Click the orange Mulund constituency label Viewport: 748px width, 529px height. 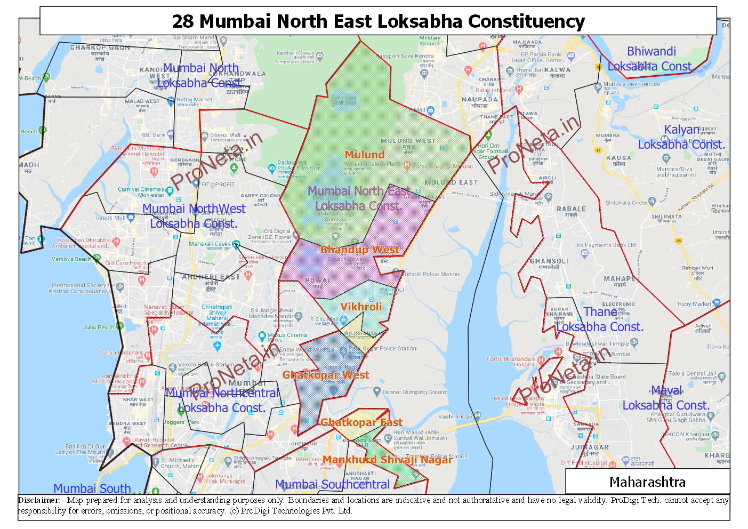coord(364,155)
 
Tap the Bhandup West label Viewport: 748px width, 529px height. coord(359,250)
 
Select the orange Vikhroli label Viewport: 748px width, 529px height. coord(361,307)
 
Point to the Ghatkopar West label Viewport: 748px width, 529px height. coord(325,375)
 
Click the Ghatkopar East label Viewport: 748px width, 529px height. coord(361,422)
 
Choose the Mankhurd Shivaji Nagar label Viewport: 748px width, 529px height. coord(387,460)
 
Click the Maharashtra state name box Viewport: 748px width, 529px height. coord(647,482)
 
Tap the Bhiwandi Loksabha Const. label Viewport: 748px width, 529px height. coord(651,59)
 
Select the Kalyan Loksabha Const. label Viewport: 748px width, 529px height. coord(681,137)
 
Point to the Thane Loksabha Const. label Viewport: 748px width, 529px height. coord(600,319)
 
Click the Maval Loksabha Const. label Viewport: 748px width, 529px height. coord(666,398)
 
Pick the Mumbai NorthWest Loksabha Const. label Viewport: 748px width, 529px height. coord(194,216)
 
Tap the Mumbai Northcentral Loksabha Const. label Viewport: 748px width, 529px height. coord(222,400)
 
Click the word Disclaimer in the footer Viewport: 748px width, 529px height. coord(39,500)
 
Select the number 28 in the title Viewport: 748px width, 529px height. coord(182,21)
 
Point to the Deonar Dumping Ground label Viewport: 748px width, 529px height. coord(415,392)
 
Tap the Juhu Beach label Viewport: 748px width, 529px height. coord(99,327)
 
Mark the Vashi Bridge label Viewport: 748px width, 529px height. coord(455,416)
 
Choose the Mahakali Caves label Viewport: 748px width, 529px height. coord(210,244)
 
